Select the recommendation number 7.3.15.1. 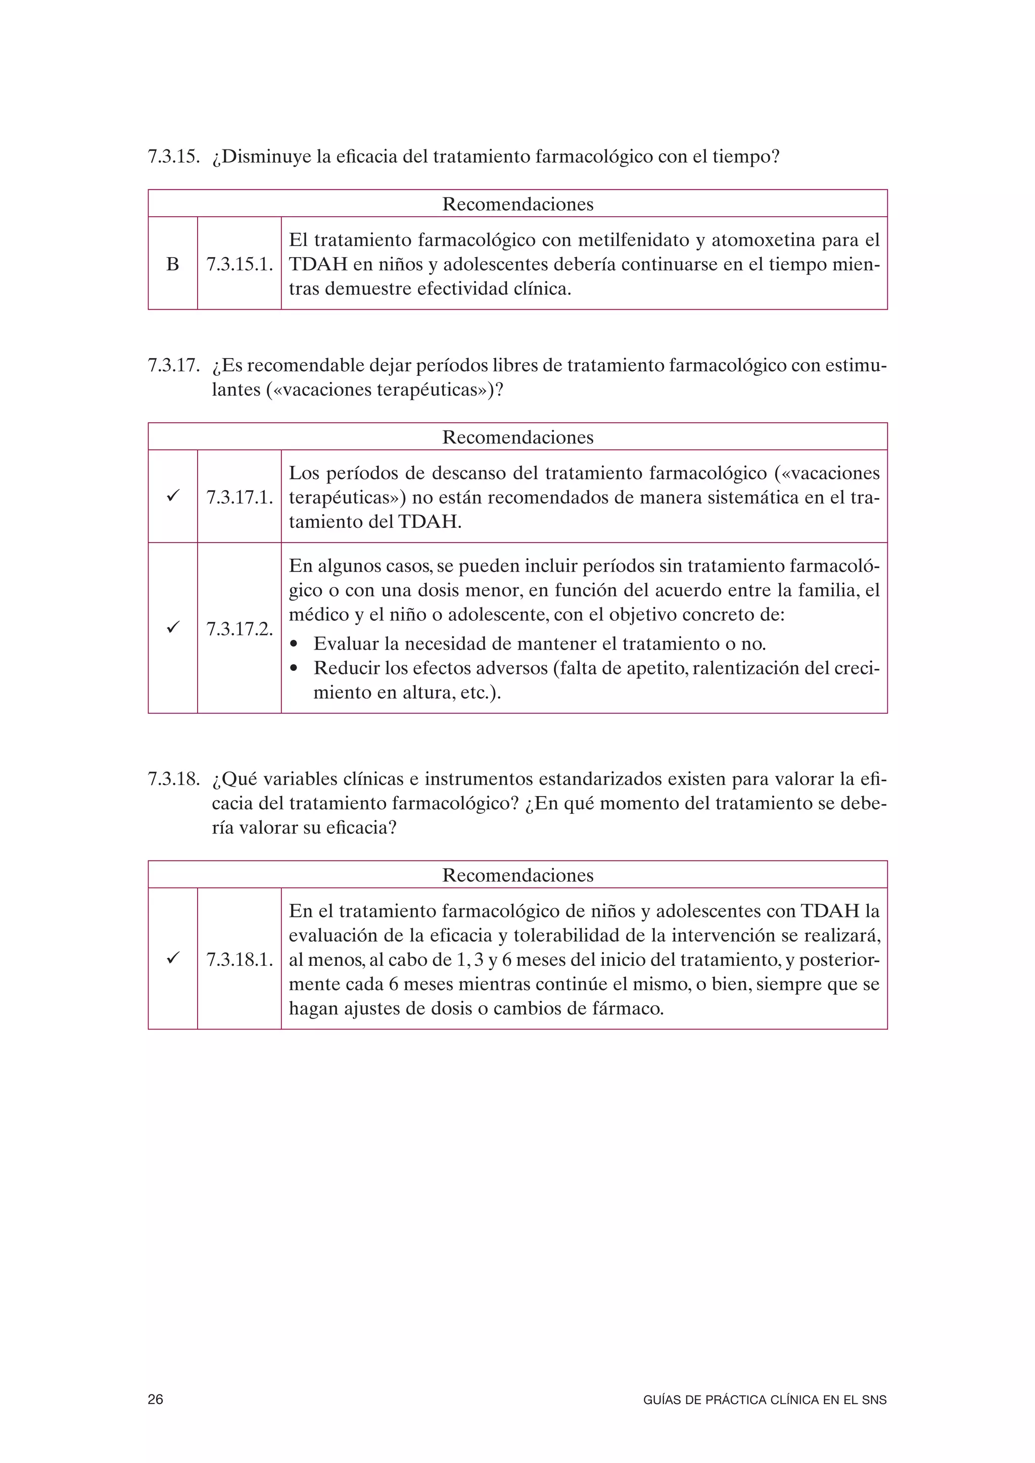240,264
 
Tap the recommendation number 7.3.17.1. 240,498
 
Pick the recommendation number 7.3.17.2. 240,629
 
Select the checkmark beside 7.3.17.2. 172,627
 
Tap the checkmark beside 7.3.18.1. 172,958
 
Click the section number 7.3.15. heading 174,157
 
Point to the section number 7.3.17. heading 174,366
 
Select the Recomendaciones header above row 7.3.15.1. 517,205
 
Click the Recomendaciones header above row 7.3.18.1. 517,875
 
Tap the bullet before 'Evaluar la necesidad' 294,645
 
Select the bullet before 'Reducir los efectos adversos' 294,669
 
